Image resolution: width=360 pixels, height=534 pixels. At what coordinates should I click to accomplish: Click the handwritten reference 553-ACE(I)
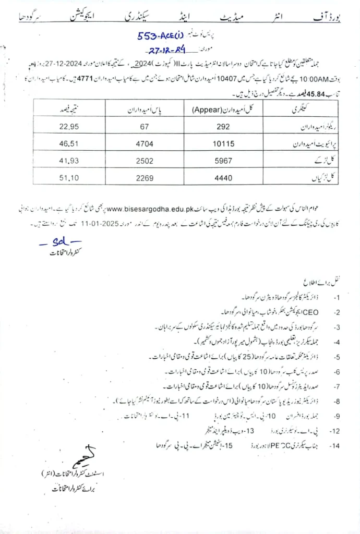point(162,37)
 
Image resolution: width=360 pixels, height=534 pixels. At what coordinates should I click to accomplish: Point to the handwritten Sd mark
point(59,244)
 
